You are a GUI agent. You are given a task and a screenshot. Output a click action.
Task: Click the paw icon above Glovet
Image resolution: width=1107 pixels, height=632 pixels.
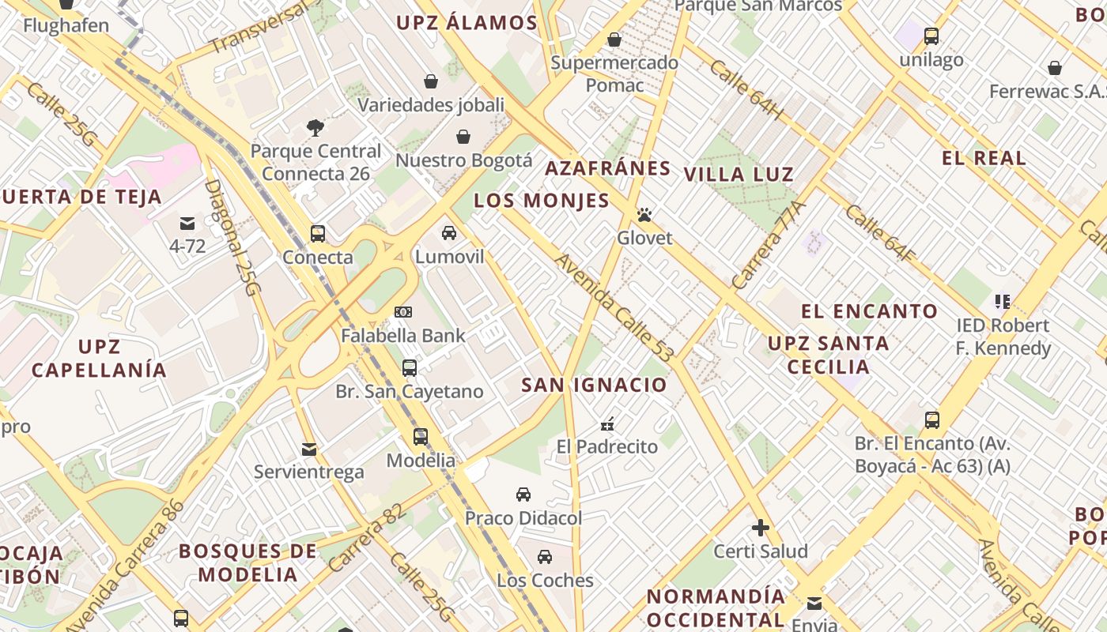[644, 215]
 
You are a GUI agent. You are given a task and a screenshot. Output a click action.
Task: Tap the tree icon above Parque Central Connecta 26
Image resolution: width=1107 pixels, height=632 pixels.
[315, 127]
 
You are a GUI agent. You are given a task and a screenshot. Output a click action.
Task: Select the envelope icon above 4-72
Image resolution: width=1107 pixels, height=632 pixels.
[187, 224]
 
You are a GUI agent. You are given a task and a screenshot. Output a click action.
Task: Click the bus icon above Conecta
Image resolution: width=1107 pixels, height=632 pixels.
[318, 234]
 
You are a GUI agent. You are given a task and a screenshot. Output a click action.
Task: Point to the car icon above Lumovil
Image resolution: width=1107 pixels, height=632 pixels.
[449, 233]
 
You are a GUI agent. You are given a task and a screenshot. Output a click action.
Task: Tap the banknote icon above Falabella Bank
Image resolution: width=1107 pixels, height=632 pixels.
[403, 312]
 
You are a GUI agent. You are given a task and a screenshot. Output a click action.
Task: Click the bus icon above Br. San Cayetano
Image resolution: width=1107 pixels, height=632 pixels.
[410, 367]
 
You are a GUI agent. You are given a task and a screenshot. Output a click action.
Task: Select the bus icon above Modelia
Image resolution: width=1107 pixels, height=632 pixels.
[421, 437]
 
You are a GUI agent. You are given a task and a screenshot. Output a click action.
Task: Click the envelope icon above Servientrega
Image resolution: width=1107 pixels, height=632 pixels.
[309, 450]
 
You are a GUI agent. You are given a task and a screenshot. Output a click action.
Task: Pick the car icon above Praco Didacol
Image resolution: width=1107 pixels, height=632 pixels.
[523, 495]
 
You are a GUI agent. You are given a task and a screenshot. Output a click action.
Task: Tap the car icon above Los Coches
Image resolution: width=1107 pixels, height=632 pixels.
[545, 557]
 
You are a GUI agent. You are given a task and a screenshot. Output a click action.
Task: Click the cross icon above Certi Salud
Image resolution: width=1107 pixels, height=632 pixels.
[761, 528]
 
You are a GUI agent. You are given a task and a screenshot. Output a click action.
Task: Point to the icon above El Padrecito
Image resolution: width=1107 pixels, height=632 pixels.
[607, 424]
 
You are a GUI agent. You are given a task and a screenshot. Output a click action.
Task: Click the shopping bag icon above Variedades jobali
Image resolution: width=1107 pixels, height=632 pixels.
[431, 81]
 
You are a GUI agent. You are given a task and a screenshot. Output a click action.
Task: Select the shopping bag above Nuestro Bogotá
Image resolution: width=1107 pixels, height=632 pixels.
[463, 137]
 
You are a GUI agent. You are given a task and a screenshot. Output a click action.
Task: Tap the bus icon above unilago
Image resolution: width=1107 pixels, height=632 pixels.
[931, 36]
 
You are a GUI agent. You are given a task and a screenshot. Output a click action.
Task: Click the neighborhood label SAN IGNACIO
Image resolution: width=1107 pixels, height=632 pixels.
[594, 386]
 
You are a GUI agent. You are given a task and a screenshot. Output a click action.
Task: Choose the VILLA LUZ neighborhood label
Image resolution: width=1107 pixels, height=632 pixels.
[739, 175]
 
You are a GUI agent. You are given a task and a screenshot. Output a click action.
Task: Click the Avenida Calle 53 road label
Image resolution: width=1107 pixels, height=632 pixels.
[614, 308]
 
